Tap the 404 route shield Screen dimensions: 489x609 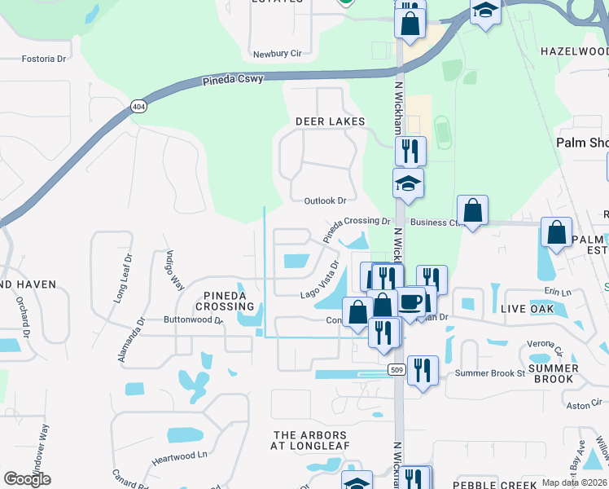[139, 107]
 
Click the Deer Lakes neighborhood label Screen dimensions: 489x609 [330, 121]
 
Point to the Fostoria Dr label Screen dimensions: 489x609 [43, 59]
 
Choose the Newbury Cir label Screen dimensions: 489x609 [277, 53]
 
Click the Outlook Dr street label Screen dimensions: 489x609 [325, 200]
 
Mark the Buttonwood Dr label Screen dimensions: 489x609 [193, 320]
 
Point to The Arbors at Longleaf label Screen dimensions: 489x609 [310, 441]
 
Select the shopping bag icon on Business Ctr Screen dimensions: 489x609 [472, 212]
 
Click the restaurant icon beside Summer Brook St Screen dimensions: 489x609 [422, 370]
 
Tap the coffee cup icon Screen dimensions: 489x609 [410, 301]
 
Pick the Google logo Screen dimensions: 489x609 [27, 479]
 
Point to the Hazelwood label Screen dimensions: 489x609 [574, 51]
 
